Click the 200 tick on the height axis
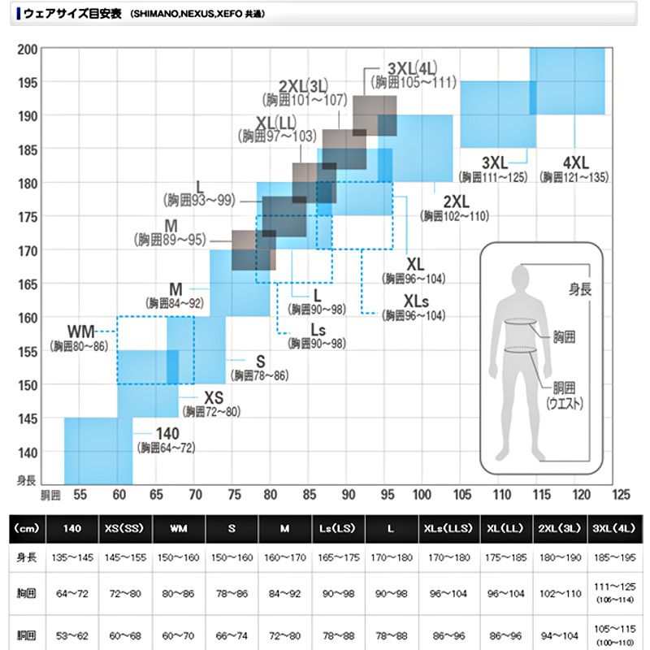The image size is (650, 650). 28,48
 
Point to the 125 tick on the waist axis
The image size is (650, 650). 622,494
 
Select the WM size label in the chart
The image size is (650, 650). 81,331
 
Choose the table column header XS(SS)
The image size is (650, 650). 125,528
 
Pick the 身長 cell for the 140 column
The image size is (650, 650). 72,560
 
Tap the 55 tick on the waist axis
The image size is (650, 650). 80,494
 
